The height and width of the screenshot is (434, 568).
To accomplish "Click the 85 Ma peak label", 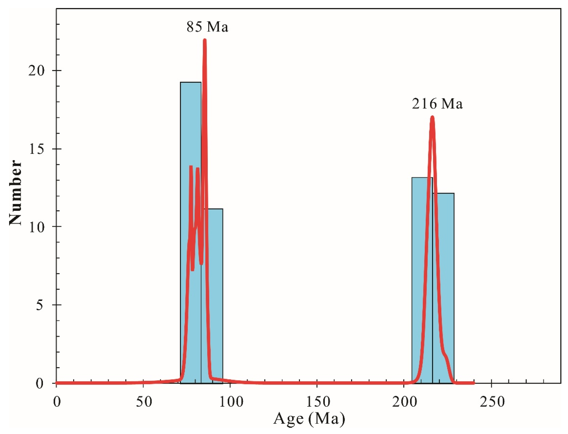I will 207,27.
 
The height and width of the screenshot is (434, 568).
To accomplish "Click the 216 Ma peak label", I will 437,104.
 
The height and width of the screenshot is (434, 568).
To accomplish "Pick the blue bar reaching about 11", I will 216,297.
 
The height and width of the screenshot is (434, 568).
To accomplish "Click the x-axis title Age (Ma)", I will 309,418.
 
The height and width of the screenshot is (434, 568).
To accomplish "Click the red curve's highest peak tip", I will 205,40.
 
